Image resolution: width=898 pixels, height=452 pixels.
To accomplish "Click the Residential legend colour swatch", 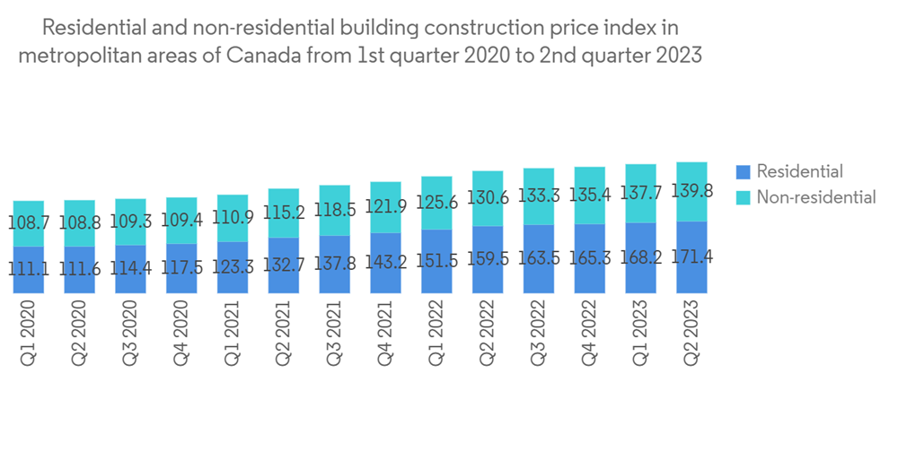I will (742, 171).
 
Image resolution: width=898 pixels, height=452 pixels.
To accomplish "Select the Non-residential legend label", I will (815, 197).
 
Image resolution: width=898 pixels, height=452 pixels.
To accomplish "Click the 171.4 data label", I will (692, 256).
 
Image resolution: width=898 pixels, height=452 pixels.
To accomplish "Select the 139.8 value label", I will (692, 191).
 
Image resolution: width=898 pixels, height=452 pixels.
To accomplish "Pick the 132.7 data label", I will (284, 265).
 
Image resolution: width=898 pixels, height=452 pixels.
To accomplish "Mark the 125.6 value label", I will (436, 203).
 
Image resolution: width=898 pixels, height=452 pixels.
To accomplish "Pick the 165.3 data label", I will (590, 259).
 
